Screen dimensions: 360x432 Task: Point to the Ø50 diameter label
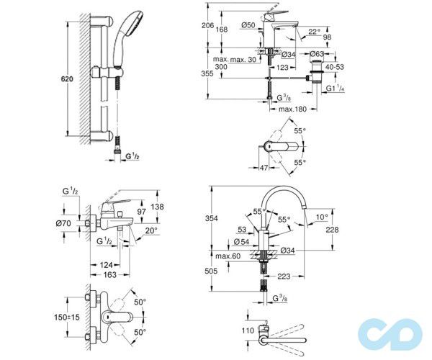click(249, 25)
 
